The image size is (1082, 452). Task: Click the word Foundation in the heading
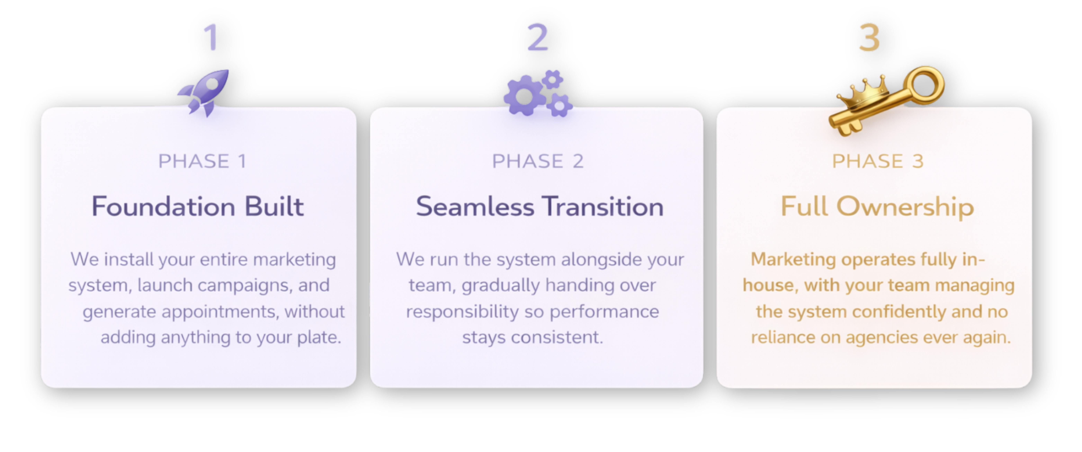click(x=163, y=207)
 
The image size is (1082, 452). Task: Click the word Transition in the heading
click(x=603, y=207)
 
